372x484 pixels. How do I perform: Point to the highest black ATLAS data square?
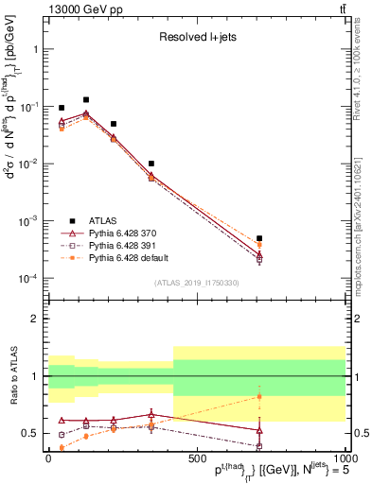pyautogui.click(x=86, y=99)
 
